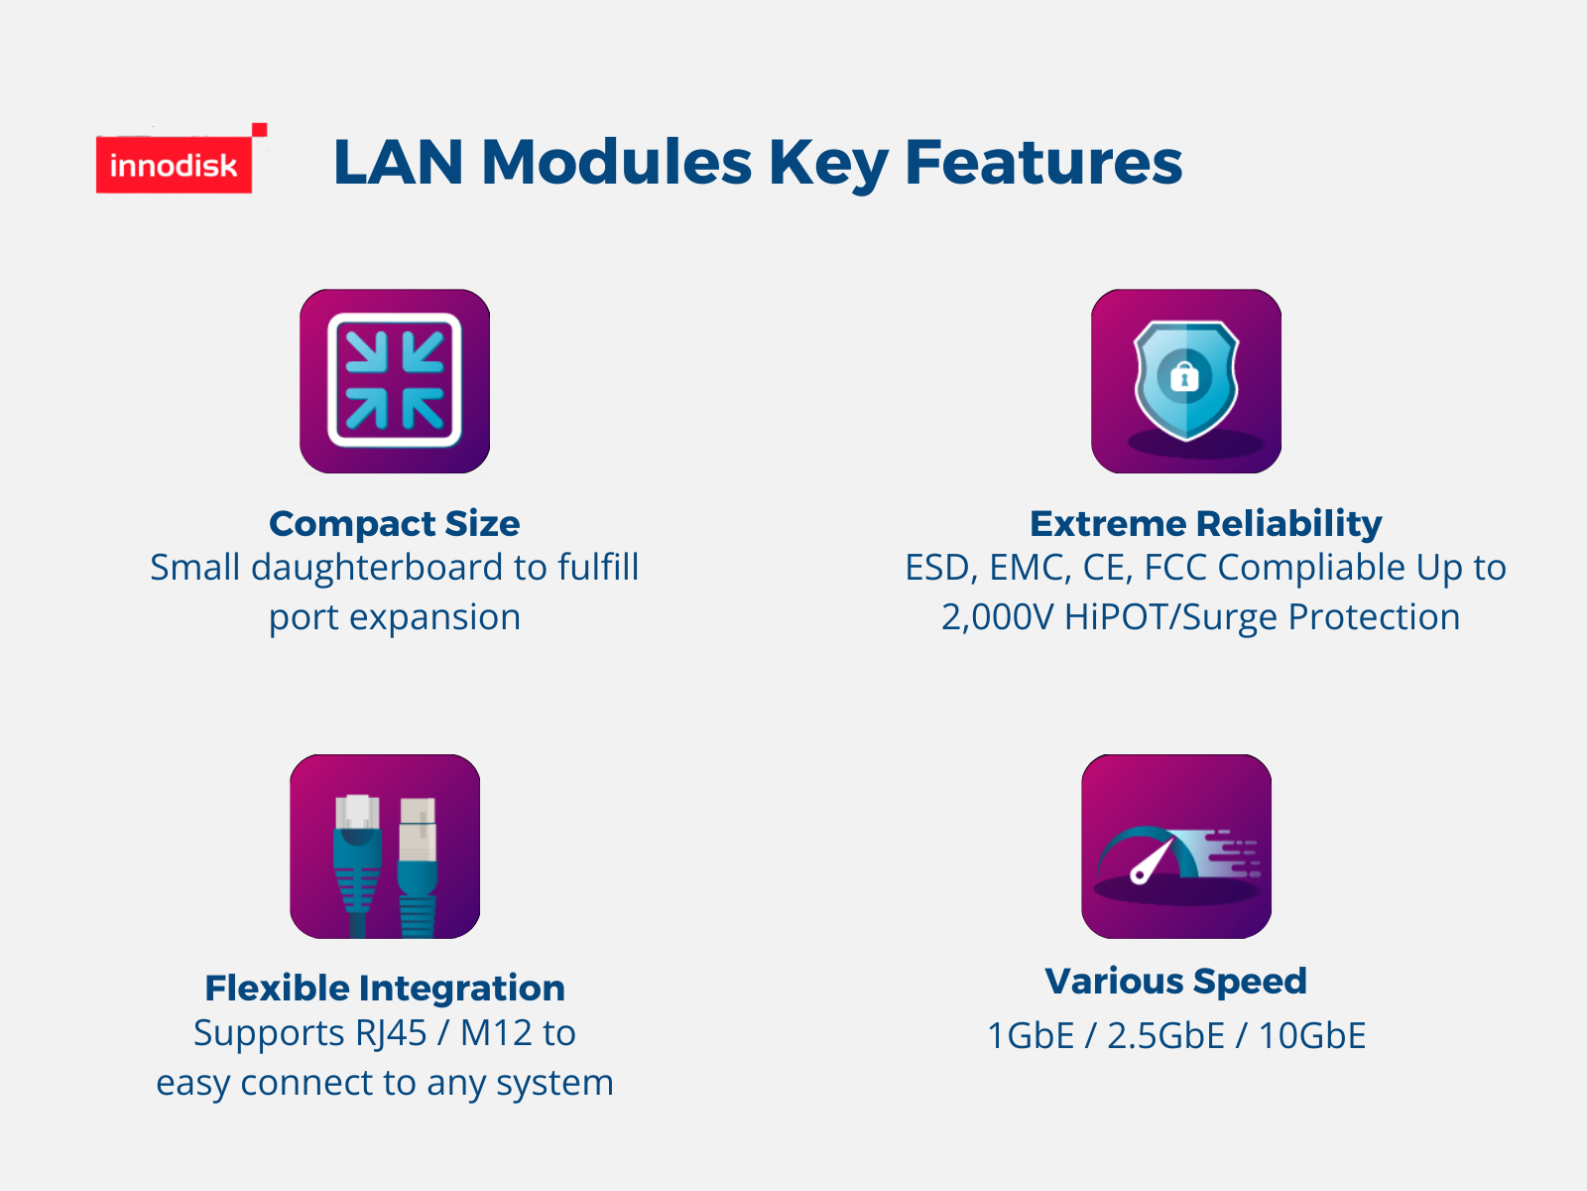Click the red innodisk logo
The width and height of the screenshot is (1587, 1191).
[x=175, y=164]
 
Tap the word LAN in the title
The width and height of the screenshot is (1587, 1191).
[x=399, y=162]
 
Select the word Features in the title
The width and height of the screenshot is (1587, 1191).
[x=1043, y=162]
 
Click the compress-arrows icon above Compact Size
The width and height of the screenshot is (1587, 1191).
[x=395, y=381]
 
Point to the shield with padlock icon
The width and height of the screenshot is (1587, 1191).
[x=1185, y=381]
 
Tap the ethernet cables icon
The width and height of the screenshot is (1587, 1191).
[x=385, y=846]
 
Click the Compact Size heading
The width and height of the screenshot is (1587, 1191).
[x=394, y=524]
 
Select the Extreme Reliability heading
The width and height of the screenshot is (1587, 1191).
[x=1205, y=524]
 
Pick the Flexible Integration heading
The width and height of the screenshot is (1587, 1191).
[x=385, y=988]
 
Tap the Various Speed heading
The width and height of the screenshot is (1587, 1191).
[x=1175, y=982]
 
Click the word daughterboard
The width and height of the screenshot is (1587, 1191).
[x=377, y=568]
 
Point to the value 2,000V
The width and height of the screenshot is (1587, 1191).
[x=997, y=617]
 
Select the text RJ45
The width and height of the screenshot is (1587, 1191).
[x=392, y=1033]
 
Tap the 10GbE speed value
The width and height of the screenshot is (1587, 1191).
[x=1312, y=1035]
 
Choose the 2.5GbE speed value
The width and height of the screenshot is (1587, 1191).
[x=1165, y=1035]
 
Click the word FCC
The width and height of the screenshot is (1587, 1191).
[x=1175, y=568]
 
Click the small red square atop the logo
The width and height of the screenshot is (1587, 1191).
[x=260, y=130]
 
